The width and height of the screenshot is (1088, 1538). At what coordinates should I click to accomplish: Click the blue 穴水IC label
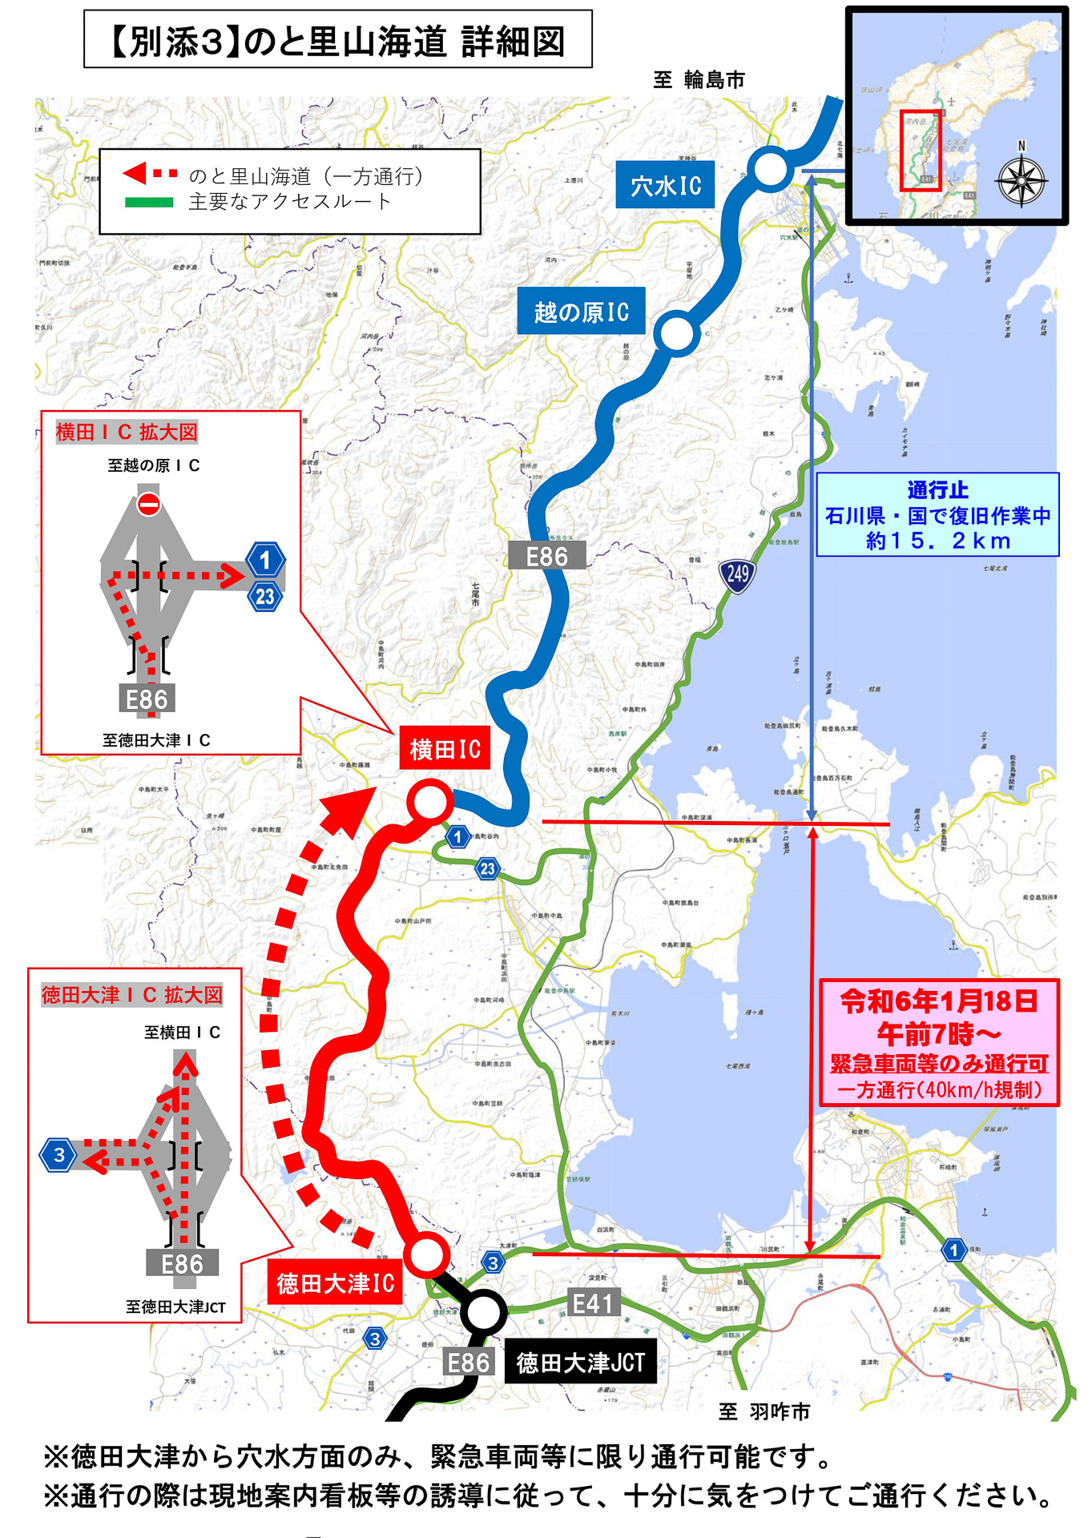pyautogui.click(x=665, y=185)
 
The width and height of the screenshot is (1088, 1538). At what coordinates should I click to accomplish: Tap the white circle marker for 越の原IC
pyautogui.click(x=677, y=333)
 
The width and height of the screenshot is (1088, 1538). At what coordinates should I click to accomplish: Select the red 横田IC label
pyautogui.click(x=445, y=749)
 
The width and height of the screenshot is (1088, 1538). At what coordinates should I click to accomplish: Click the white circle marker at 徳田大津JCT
pyautogui.click(x=482, y=1312)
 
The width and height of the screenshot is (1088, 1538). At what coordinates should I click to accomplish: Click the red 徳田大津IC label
pyautogui.click(x=335, y=1282)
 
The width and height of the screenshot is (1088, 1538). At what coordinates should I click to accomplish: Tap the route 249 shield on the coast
pyautogui.click(x=737, y=574)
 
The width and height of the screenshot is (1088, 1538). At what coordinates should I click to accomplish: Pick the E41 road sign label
pyautogui.click(x=593, y=1303)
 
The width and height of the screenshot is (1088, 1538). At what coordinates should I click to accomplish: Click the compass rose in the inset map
pyautogui.click(x=1021, y=181)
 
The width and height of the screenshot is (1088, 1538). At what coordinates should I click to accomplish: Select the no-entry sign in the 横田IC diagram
pyautogui.click(x=148, y=504)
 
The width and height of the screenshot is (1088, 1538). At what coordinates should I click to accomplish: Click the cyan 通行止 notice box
pyautogui.click(x=937, y=515)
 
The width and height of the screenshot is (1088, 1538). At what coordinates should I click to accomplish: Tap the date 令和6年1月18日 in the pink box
pyautogui.click(x=939, y=1001)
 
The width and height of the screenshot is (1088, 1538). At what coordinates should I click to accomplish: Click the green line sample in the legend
pyautogui.click(x=149, y=202)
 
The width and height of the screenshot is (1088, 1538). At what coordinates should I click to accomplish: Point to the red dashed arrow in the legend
pyautogui.click(x=150, y=174)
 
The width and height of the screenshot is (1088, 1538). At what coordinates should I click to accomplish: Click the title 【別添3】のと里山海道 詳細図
pyautogui.click(x=337, y=40)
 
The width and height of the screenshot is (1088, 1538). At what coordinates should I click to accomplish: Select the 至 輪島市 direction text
pyautogui.click(x=699, y=80)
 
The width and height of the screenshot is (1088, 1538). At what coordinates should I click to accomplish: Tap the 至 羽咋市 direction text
pyautogui.click(x=764, y=1411)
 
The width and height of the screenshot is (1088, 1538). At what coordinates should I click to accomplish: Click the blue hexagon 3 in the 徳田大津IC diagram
pyautogui.click(x=58, y=1154)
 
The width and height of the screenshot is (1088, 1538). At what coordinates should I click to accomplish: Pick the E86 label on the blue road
pyautogui.click(x=546, y=556)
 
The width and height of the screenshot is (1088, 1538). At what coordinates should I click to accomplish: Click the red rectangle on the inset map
pyautogui.click(x=919, y=150)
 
